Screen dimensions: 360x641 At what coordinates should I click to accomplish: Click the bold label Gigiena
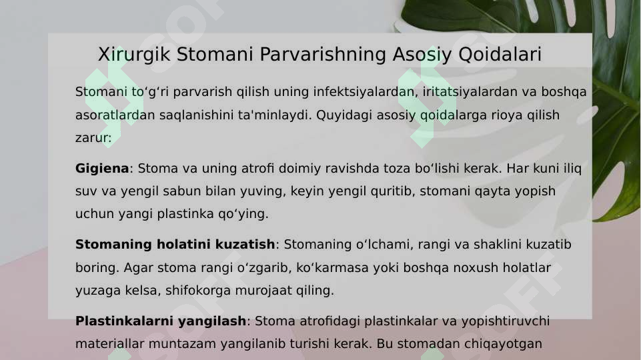[x=101, y=169]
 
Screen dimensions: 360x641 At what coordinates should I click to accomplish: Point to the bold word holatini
[x=191, y=245]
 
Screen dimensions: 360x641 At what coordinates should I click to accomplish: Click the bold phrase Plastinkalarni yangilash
[x=161, y=321]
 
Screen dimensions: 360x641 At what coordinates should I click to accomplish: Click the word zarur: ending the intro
[x=93, y=138]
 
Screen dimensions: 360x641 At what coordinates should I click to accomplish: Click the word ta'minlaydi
[x=275, y=115]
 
